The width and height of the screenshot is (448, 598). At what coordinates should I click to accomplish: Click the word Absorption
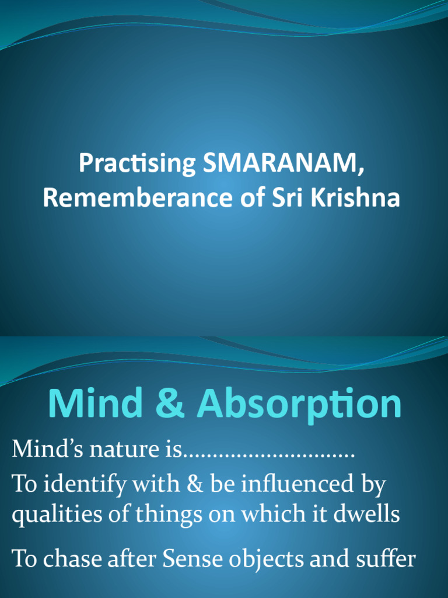[300, 404]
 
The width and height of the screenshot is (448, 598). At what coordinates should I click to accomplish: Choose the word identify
[81, 484]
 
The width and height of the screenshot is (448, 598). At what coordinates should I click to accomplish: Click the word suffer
[383, 559]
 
